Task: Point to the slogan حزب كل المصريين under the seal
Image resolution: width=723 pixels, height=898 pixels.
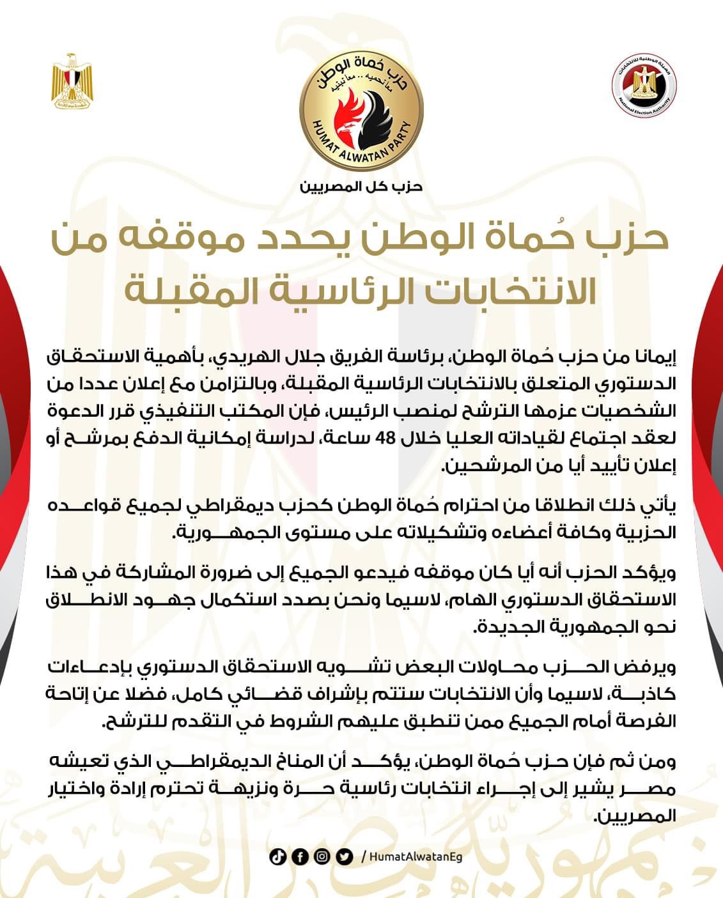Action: tap(362, 187)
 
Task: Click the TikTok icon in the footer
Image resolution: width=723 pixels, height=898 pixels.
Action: tap(277, 856)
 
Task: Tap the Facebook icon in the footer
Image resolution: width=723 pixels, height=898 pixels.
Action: tap(299, 856)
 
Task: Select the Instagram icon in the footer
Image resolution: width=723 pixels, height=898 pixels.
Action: tap(322, 856)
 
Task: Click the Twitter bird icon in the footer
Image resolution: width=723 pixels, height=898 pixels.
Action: tap(345, 856)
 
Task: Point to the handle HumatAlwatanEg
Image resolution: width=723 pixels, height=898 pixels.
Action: tap(416, 857)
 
